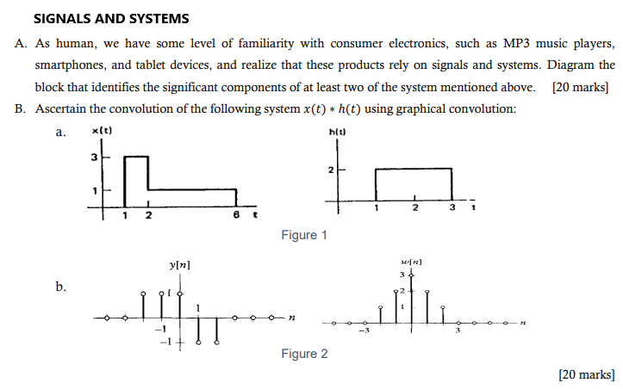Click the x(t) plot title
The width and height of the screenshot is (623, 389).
[x=102, y=130]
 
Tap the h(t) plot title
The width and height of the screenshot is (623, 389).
[x=337, y=132]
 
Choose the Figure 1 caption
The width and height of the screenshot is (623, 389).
[x=304, y=235]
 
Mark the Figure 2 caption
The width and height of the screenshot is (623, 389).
[x=304, y=354]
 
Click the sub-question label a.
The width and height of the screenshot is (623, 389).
[x=60, y=132]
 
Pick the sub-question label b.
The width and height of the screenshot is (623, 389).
[x=60, y=287]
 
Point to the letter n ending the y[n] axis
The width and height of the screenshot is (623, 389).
[x=291, y=318]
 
